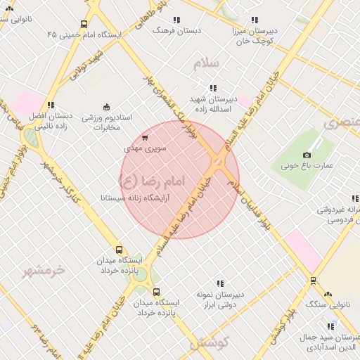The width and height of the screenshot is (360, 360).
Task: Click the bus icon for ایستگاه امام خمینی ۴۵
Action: coord(84,25)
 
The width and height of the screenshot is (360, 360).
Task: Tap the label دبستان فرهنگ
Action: coord(177,30)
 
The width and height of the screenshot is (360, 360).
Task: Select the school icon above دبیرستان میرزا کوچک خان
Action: coord(255,20)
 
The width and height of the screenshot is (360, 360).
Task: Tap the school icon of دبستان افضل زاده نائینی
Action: coord(50,105)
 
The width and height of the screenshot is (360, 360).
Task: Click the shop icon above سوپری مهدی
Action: coord(145,138)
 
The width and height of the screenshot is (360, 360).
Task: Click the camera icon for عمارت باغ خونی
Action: coord(307,155)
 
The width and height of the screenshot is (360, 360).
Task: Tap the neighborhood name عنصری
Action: coord(342,123)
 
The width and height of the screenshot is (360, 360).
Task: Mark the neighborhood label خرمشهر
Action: coord(43,271)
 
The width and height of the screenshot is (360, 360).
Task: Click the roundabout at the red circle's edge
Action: coord(218,163)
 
